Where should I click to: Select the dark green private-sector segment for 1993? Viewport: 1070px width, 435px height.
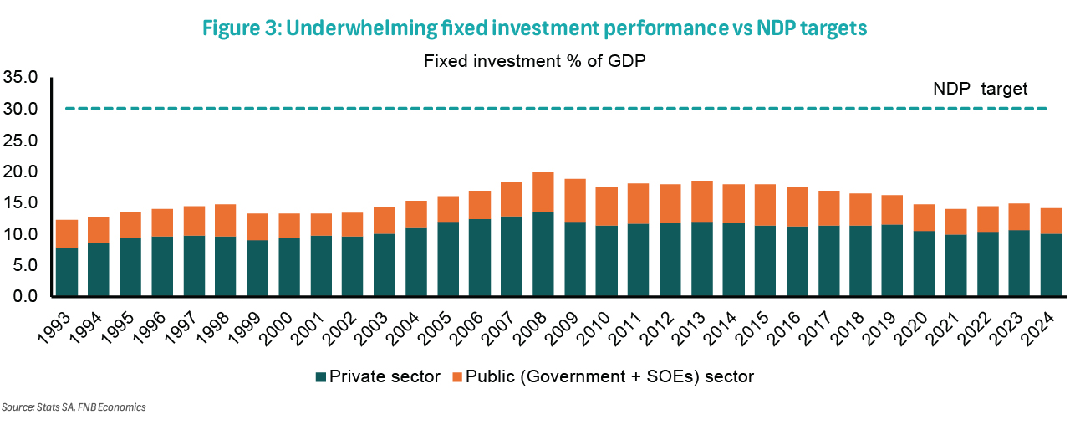pyautogui.click(x=67, y=271)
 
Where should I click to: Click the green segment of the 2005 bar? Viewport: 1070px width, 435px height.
pyautogui.click(x=448, y=258)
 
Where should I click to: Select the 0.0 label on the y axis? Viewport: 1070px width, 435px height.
pyautogui.click(x=25, y=297)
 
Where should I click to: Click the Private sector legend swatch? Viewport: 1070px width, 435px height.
pyautogui.click(x=322, y=377)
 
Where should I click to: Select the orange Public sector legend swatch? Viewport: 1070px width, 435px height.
pyautogui.click(x=456, y=377)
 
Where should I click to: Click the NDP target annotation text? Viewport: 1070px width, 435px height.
pyautogui.click(x=980, y=89)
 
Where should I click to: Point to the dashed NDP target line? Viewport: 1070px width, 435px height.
pyautogui.click(x=502, y=109)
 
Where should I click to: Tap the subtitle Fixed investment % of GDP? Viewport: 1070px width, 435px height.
pyautogui.click(x=535, y=61)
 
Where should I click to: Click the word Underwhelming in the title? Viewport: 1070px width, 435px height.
pyautogui.click(x=364, y=28)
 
